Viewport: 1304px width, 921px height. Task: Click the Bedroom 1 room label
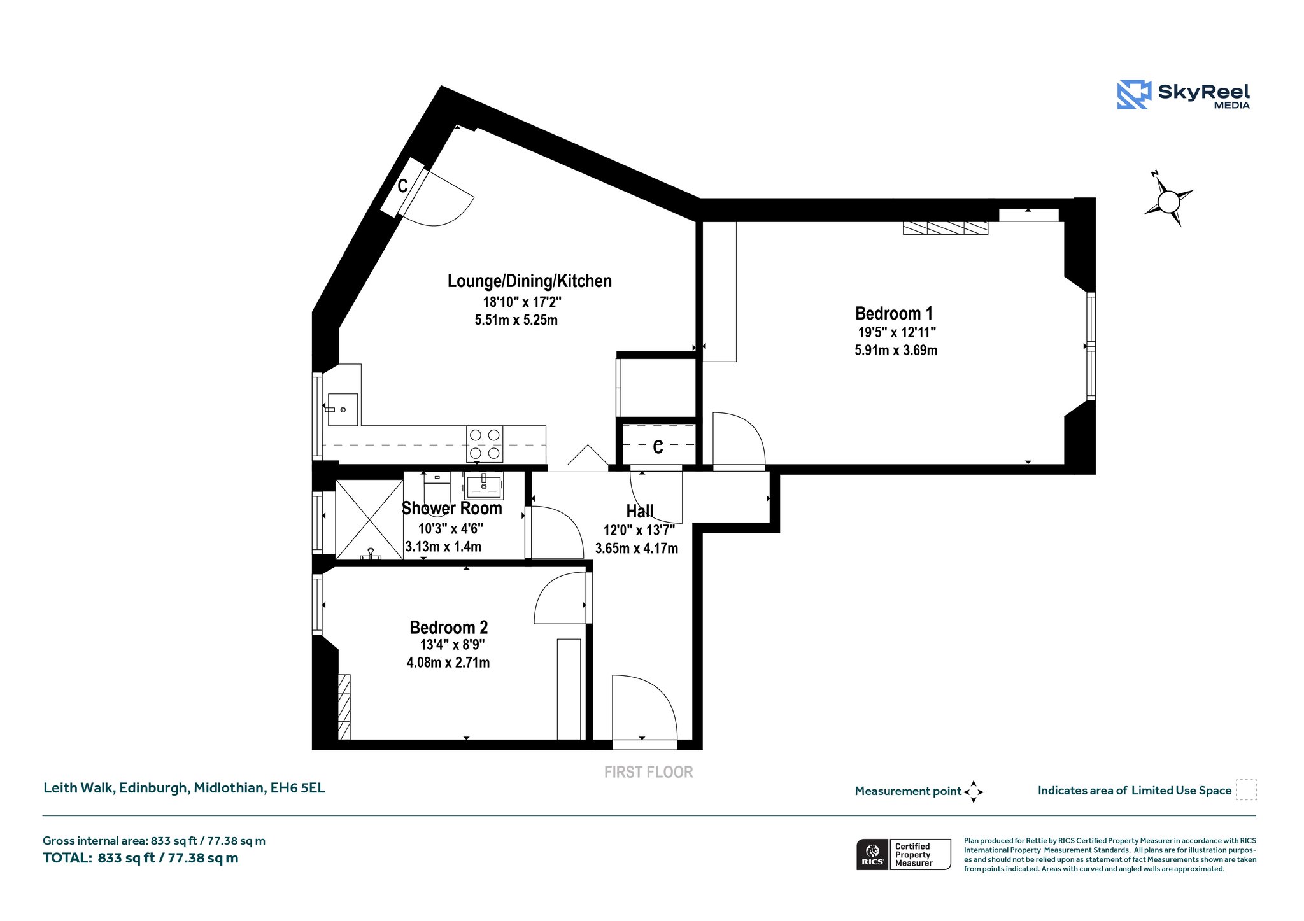point(893,313)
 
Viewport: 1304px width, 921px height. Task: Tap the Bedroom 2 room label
point(449,628)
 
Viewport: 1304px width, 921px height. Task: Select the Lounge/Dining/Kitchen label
point(529,281)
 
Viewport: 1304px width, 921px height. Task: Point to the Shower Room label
point(451,508)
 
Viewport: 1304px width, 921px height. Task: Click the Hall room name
point(640,511)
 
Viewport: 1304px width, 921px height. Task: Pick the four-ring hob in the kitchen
point(485,444)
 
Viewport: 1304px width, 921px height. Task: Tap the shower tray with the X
point(369,520)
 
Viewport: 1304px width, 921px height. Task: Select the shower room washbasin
point(484,486)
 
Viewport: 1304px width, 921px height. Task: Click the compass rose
point(1168,201)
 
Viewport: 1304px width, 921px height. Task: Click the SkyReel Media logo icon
point(1134,95)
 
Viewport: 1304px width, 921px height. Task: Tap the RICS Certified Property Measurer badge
point(904,854)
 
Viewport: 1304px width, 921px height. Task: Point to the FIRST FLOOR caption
point(648,772)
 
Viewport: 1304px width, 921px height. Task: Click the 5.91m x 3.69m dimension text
point(896,350)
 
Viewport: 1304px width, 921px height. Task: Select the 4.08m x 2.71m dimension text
point(448,663)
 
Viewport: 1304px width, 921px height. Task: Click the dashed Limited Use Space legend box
point(1246,790)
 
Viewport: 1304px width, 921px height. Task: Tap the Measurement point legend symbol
point(974,792)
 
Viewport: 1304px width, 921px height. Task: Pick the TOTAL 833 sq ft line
point(141,858)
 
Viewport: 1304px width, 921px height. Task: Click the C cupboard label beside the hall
point(658,447)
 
